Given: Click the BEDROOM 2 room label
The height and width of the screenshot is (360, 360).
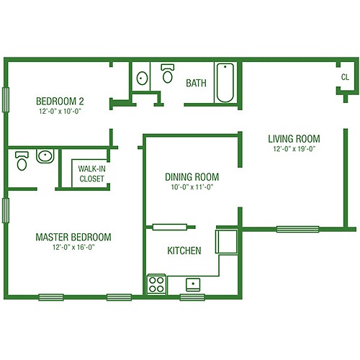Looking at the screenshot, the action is (x=60, y=102).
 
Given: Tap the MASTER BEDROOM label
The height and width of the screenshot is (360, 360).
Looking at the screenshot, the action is (x=73, y=237).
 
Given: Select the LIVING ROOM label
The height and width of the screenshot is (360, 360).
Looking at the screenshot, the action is (x=294, y=139).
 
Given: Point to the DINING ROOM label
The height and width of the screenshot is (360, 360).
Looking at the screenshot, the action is (x=192, y=177).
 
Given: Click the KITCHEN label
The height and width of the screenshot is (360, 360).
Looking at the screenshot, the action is (x=184, y=251).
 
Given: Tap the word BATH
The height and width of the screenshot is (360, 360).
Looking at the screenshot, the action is (x=196, y=83).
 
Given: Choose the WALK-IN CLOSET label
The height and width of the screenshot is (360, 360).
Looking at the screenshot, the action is (x=91, y=174).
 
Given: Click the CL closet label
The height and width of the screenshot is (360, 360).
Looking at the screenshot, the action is (x=345, y=77).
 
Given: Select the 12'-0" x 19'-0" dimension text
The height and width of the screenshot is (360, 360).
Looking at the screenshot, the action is (x=294, y=149).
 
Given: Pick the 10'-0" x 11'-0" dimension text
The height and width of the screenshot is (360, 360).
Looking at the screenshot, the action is (x=192, y=187).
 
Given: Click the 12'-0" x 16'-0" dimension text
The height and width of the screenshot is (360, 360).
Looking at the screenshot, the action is (x=73, y=247).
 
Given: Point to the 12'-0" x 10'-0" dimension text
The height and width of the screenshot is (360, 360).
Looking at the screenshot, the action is (x=60, y=112).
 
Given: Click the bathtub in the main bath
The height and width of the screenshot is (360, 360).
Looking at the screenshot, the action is (x=225, y=83).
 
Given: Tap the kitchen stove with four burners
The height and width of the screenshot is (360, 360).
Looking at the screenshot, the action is (x=156, y=284).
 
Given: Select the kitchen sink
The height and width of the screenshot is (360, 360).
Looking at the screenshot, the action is (x=193, y=284).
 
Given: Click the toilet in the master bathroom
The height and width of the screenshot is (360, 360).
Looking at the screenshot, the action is (x=22, y=161).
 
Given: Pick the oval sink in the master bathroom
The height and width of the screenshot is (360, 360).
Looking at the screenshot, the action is (x=45, y=156).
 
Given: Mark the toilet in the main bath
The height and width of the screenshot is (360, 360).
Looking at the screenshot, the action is (x=168, y=73).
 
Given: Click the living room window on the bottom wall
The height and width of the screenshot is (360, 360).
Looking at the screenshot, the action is (x=298, y=230).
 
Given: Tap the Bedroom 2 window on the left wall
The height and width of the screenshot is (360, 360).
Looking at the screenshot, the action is (x=6, y=100).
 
